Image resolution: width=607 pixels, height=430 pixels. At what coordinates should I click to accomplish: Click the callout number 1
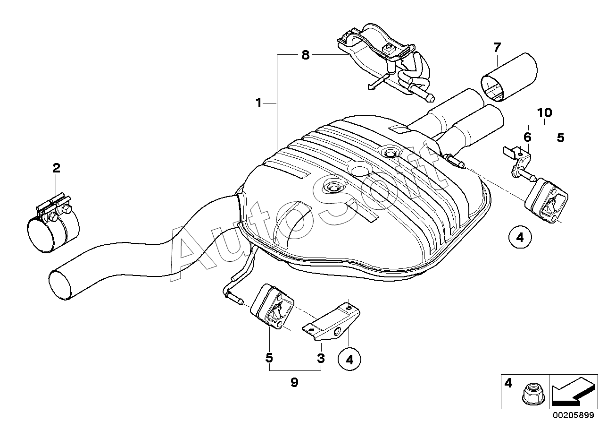pos(258,102)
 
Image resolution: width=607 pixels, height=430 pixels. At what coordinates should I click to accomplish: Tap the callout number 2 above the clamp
pos(56,168)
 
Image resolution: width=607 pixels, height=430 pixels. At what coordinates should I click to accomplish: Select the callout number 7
pos(497,47)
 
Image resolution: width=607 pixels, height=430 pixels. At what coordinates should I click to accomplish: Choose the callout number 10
pos(544,112)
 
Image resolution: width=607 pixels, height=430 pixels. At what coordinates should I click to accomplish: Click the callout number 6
pos(527,138)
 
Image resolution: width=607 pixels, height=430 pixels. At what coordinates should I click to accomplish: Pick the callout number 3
pos(321,359)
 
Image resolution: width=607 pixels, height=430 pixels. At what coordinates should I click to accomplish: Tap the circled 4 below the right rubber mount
pos(520,238)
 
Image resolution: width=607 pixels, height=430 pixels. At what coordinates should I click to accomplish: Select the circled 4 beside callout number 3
pos(349,360)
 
